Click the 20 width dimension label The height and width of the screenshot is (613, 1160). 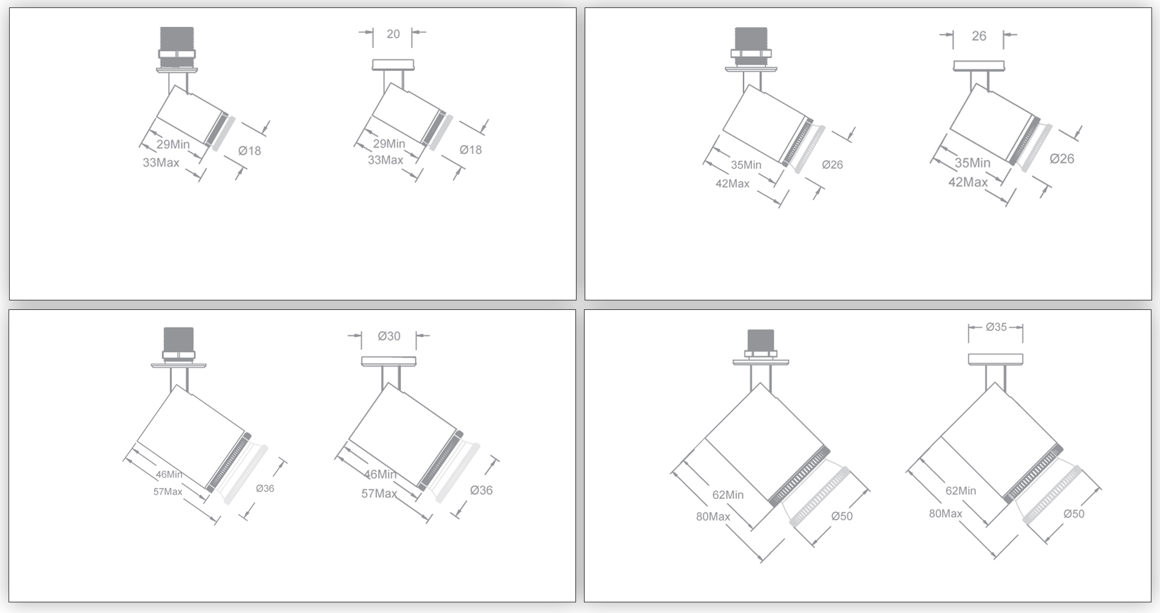[x=393, y=34]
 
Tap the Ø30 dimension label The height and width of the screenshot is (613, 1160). [x=389, y=336]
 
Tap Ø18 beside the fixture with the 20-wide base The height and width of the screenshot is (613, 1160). [x=471, y=150]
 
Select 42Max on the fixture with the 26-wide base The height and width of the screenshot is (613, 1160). [x=968, y=182]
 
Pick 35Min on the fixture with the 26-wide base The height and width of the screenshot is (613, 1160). [x=973, y=163]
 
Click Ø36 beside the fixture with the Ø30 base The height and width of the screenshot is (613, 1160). [x=481, y=490]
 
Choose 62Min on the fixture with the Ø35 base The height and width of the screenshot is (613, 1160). [x=961, y=491]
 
